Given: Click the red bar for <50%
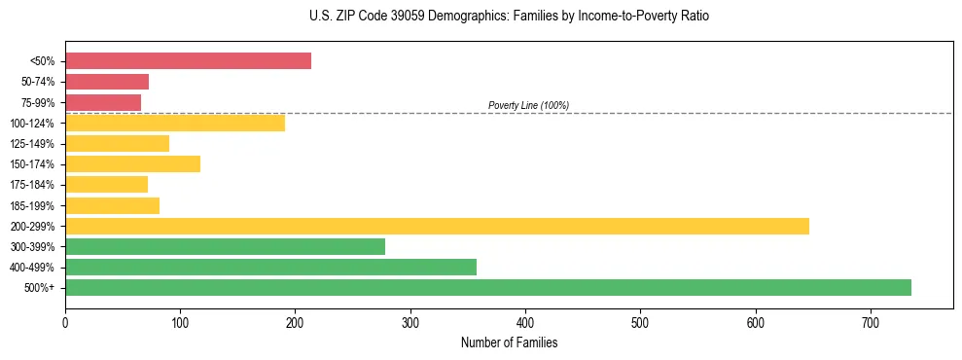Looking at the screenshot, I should click(188, 60).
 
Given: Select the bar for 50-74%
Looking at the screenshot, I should click(107, 82).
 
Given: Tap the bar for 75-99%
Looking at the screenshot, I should click(103, 102).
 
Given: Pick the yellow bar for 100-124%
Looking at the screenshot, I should click(175, 123).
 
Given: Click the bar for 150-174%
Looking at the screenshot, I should click(132, 163).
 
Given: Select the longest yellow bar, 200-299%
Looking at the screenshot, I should click(437, 226).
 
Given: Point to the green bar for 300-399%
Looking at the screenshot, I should click(225, 246).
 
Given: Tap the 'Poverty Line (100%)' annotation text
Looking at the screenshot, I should click(528, 105).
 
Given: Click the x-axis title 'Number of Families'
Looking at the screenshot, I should click(509, 342).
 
